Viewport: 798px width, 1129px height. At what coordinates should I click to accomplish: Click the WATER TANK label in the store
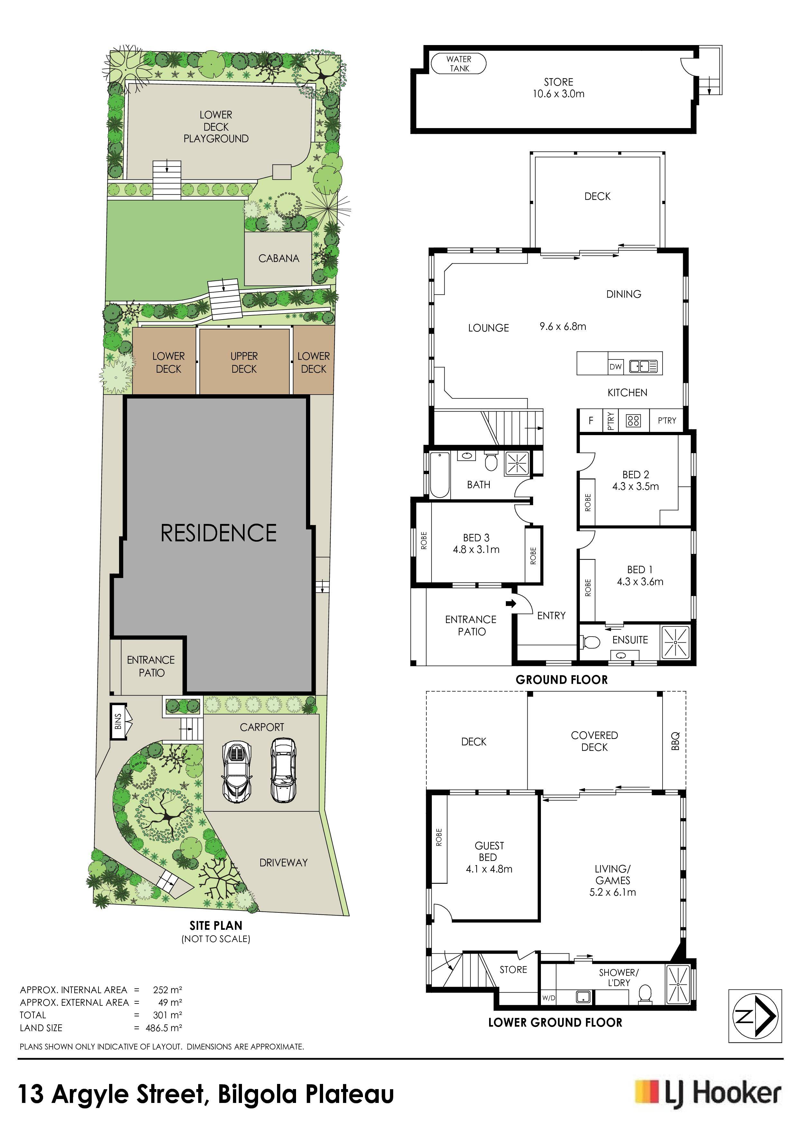459,63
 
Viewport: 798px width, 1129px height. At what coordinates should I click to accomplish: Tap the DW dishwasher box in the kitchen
616,366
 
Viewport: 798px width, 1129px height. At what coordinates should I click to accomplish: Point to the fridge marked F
591,420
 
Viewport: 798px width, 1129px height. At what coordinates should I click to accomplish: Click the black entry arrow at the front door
511,603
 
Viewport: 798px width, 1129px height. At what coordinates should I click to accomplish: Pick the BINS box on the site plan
118,721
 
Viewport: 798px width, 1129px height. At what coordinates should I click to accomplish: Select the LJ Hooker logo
708,1095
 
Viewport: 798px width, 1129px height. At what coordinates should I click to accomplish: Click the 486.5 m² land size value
164,1028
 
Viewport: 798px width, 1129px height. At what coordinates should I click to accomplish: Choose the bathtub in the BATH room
440,474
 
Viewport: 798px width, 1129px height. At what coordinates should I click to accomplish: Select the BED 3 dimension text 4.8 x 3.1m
476,550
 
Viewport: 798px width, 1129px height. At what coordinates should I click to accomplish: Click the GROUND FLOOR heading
561,680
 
